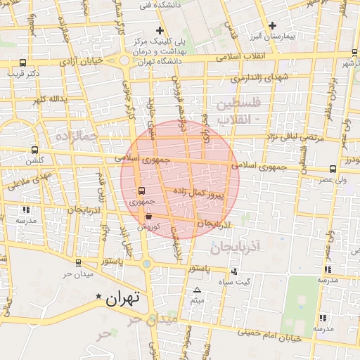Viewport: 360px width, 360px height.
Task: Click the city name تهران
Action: (x=123, y=298)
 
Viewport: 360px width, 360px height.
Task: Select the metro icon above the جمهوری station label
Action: (x=141, y=191)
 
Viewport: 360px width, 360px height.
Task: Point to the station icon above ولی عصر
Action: (x=332, y=169)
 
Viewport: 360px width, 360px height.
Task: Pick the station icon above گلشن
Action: (x=34, y=150)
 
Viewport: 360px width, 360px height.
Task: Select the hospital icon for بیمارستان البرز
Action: (x=272, y=25)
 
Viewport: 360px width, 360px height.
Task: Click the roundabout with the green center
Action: (x=146, y=264)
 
